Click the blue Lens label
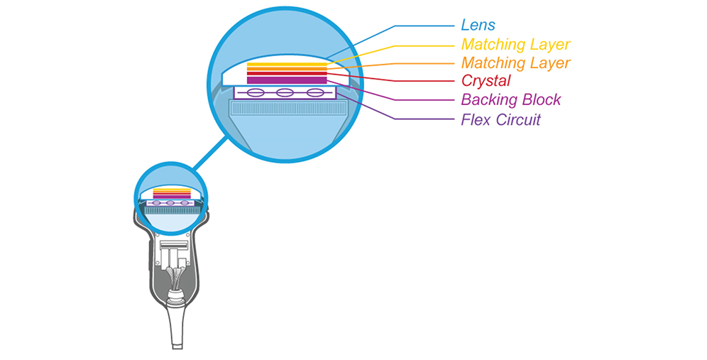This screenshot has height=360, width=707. click(478, 25)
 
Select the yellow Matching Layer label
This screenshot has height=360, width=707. click(516, 44)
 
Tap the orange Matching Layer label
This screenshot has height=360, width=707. click(516, 62)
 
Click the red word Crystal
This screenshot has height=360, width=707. click(486, 81)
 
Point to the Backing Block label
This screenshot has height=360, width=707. click(511, 99)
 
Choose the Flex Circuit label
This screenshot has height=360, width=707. click(500, 119)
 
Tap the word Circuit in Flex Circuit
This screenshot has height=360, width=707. click(518, 119)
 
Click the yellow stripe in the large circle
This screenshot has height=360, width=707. click(287, 65)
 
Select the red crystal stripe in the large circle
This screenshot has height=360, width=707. click(287, 73)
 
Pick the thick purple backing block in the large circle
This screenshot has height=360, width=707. click(287, 80)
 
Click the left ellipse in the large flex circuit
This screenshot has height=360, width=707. click(255, 94)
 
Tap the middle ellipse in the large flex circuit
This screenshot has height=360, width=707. click(285, 94)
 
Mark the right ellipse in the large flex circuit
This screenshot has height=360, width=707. click(315, 94)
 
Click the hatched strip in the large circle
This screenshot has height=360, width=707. click(288, 108)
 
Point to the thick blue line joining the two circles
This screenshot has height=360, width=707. click(211, 153)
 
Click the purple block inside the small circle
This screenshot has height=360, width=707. click(172, 197)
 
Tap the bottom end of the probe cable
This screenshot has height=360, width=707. click(178, 347)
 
